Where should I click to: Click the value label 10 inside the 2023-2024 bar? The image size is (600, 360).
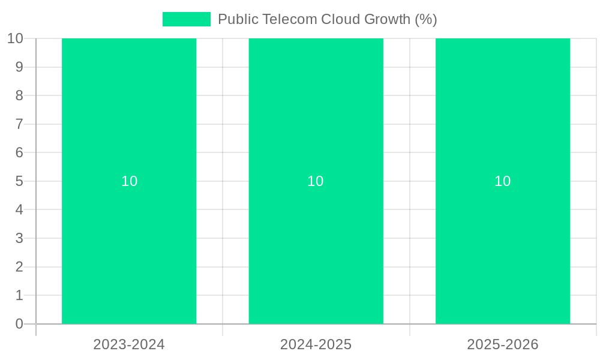tap(130, 181)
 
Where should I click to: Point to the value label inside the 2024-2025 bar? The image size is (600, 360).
tap(316, 181)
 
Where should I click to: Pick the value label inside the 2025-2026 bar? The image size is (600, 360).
tap(503, 181)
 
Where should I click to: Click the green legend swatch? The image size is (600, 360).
tap(187, 19)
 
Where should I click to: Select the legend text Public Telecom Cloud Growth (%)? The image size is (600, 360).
tap(327, 19)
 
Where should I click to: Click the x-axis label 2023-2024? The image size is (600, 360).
tap(129, 344)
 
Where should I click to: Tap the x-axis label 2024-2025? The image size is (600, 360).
tap(316, 344)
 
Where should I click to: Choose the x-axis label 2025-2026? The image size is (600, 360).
tap(503, 344)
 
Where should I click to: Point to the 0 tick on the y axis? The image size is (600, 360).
tap(19, 324)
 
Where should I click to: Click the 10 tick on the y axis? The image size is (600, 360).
tap(15, 38)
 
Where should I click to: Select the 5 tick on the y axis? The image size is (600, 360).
tap(19, 181)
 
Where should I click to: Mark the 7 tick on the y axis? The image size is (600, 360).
tap(19, 124)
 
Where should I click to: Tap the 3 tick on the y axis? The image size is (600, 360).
tap(19, 238)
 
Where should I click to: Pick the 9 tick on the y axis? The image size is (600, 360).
tap(19, 67)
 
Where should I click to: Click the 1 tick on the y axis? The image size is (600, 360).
tap(19, 295)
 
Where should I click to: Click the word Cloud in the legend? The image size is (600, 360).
tap(338, 19)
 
